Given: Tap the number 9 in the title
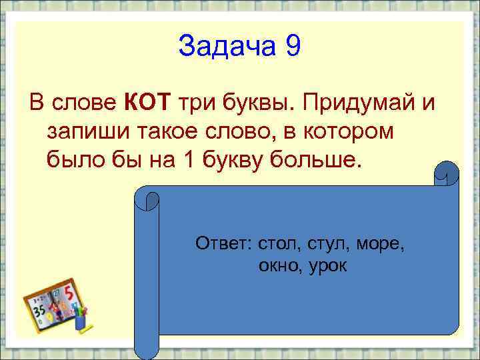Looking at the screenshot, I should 293,47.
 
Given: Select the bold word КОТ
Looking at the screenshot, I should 148,103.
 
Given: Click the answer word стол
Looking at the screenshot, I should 275,244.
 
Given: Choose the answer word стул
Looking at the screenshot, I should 328,244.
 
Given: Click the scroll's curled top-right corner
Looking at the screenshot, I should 447,175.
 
